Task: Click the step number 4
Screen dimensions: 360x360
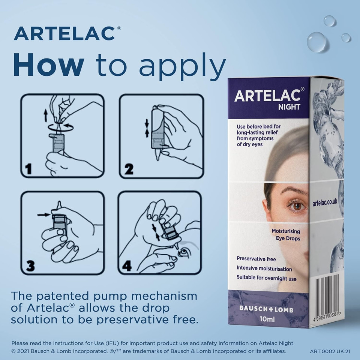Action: pos(127,265)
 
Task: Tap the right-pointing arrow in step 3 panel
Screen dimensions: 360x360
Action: pos(43,215)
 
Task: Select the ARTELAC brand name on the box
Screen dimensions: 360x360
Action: pos(267,95)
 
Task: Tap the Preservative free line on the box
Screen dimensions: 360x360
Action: pos(256,259)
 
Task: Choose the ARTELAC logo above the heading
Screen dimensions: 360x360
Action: pos(64,34)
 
